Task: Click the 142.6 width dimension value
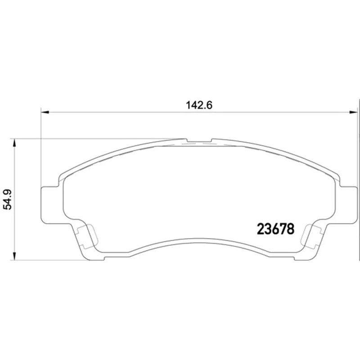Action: pyautogui.click(x=199, y=105)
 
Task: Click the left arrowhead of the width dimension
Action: pyautogui.click(x=45, y=112)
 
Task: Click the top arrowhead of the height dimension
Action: pyautogui.click(x=14, y=143)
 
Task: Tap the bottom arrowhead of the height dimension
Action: pyautogui.click(x=14, y=256)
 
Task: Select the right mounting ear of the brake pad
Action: pyautogui.click(x=348, y=199)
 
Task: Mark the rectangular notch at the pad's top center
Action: pyautogui.click(x=199, y=140)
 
